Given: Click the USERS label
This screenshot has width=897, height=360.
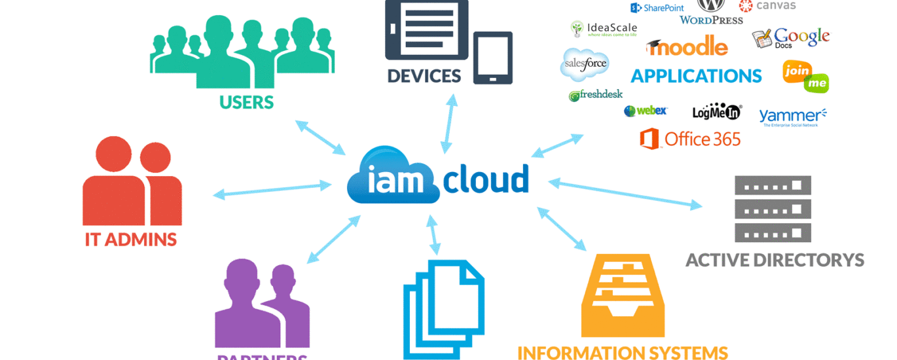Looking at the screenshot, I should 246,102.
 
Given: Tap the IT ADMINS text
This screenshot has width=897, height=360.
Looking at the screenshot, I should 131,240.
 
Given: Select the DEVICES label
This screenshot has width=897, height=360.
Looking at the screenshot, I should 424,76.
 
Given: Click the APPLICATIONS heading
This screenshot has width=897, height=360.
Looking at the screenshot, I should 696,76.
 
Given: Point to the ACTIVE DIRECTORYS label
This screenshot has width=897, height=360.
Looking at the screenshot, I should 775,261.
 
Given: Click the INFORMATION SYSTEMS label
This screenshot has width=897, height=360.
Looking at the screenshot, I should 623,352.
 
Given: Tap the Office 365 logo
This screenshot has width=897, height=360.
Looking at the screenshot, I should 690,139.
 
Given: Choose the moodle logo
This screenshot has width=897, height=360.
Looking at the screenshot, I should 687,46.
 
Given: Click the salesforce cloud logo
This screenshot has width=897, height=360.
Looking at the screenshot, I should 585,64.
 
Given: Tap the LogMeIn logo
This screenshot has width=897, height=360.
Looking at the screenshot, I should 717,112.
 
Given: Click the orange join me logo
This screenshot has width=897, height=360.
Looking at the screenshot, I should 805,76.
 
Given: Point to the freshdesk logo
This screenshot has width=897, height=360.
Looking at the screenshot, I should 595,95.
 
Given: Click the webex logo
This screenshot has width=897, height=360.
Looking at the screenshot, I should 646,111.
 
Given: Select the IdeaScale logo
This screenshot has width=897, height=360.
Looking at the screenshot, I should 602,29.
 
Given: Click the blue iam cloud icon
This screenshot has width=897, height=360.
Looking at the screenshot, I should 394,176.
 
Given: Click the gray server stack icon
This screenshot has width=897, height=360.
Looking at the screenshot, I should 773,209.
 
